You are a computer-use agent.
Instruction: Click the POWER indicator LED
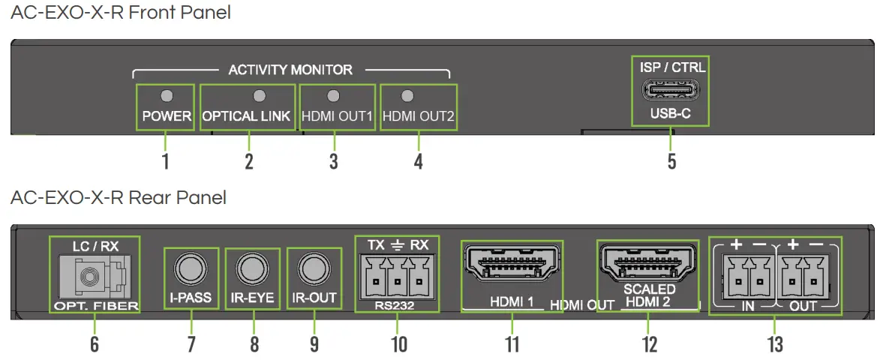coord(167,95)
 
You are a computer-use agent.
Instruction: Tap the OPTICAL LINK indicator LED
coord(260,95)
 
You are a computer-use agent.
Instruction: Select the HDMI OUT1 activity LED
coord(335,95)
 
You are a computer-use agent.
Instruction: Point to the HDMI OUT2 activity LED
coord(407,95)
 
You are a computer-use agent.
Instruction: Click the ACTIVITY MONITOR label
coord(290,70)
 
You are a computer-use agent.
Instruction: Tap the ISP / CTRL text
coord(672,67)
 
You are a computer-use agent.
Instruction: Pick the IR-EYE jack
coord(252,268)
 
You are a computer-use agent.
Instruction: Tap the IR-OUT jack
coord(314,268)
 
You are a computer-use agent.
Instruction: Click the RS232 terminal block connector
coord(397,277)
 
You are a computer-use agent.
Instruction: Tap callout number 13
coord(774,344)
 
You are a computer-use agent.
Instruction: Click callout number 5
coord(671,161)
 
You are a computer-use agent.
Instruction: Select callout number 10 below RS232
coord(398,344)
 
